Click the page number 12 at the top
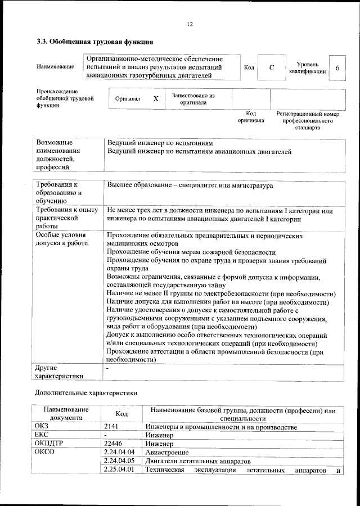click(x=190, y=24)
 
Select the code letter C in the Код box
click(x=272, y=68)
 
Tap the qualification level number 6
click(x=337, y=68)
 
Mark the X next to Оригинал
click(x=156, y=98)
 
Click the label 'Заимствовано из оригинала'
click(x=193, y=99)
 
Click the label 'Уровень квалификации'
click(x=307, y=68)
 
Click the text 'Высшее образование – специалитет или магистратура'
click(x=190, y=186)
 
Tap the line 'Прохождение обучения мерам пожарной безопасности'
click(x=191, y=253)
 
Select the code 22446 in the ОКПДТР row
click(x=114, y=444)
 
